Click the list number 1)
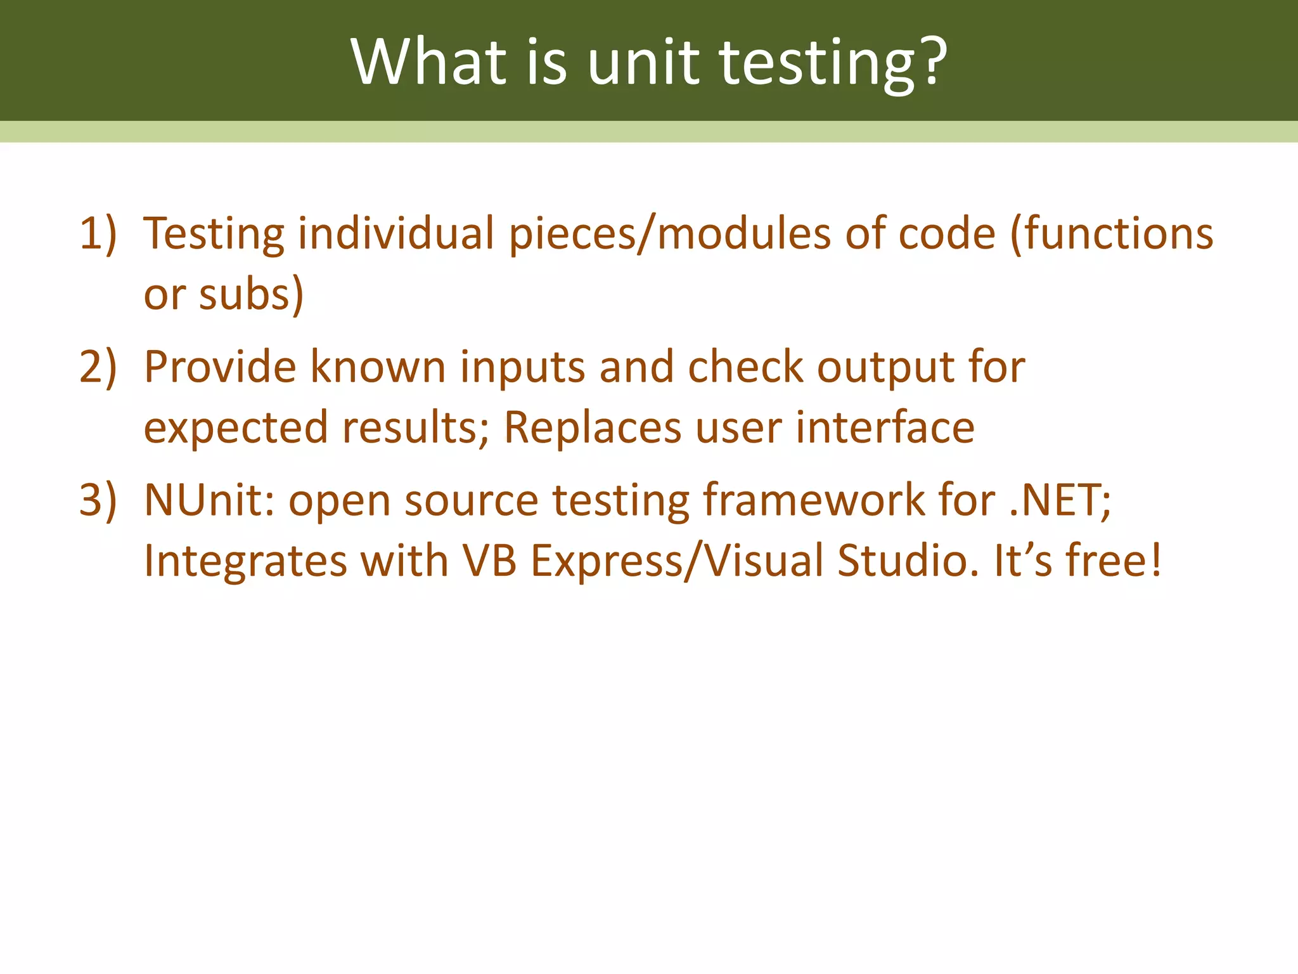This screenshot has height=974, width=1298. (98, 233)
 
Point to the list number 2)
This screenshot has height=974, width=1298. (98, 367)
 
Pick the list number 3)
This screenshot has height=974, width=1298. (98, 500)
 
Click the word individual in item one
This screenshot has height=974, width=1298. (396, 233)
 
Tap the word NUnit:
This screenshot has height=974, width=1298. (209, 500)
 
